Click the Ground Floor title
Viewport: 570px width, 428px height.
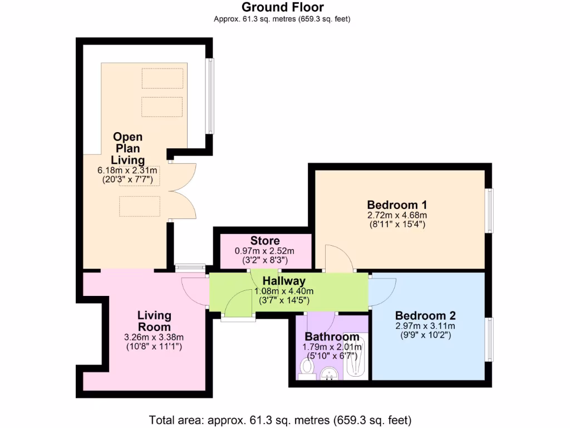[282, 7]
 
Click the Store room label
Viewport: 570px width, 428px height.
[265, 241]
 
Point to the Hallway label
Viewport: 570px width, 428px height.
[284, 281]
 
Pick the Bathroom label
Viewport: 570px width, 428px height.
[332, 337]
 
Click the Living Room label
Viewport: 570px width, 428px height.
[154, 321]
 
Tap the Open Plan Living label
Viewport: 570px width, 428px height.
[127, 148]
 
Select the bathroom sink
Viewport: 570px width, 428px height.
[331, 372]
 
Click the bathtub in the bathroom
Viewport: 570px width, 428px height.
[354, 357]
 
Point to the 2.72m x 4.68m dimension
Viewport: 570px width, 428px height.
[397, 215]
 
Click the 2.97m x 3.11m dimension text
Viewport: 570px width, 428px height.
[426, 326]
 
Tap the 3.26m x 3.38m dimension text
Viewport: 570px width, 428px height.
[154, 337]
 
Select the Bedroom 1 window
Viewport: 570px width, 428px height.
[488, 210]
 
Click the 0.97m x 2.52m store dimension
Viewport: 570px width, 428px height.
[265, 251]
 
